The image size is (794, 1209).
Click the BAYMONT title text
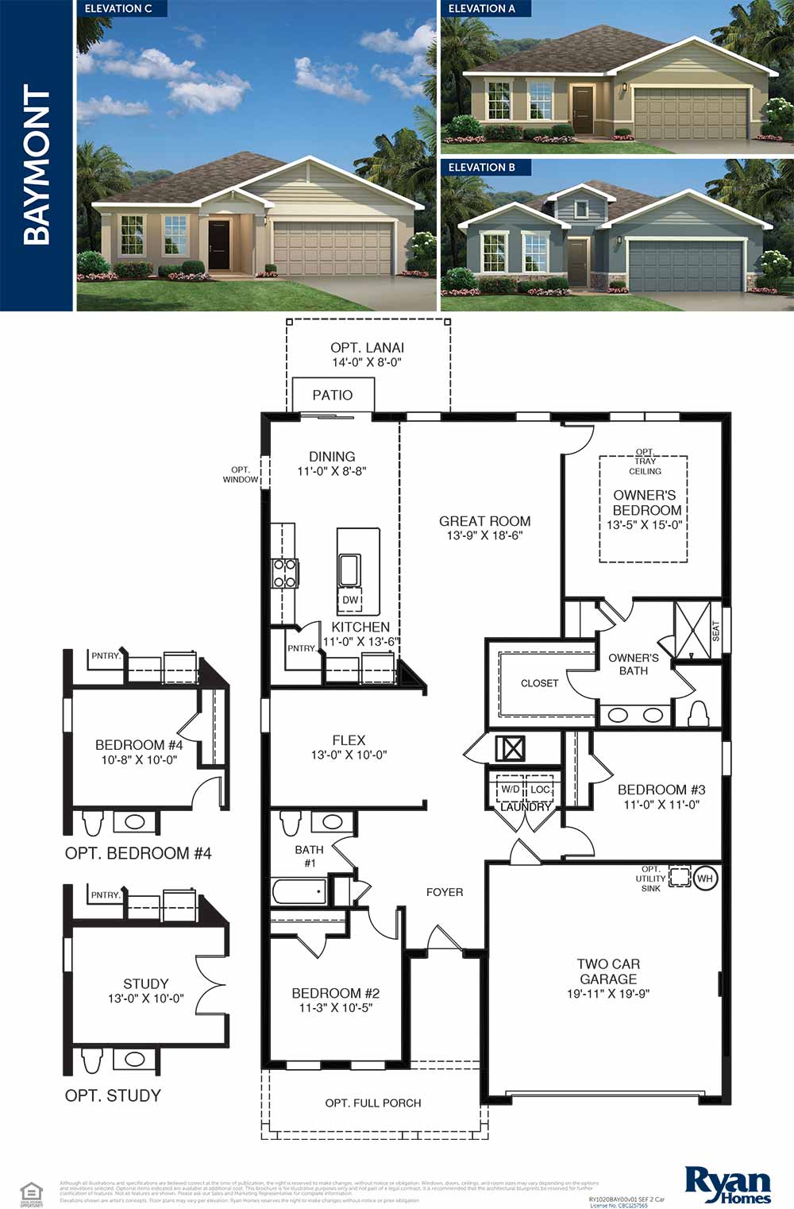pyautogui.click(x=37, y=164)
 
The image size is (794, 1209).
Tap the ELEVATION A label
pyautogui.click(x=481, y=9)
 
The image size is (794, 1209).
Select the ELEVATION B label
pyautogui.click(x=481, y=168)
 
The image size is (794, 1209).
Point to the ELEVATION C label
pyautogui.click(x=118, y=9)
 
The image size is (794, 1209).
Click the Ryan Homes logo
pyautogui.click(x=727, y=1184)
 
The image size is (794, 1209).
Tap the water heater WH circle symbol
pyautogui.click(x=705, y=879)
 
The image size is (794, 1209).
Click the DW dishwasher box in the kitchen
pyautogui.click(x=350, y=601)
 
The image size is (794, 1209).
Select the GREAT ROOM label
pyautogui.click(x=484, y=521)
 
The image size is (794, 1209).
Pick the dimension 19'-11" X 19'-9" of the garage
pyautogui.click(x=608, y=994)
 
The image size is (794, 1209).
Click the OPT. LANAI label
pyautogui.click(x=367, y=348)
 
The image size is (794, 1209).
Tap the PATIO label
pyautogui.click(x=332, y=395)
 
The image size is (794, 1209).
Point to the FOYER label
pyautogui.click(x=444, y=892)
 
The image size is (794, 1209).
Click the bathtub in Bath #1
pyautogui.click(x=299, y=891)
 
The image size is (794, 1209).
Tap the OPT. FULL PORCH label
pyautogui.click(x=373, y=1103)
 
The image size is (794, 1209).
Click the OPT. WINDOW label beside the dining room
pyautogui.click(x=240, y=474)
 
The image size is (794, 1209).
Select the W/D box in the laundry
pyautogui.click(x=510, y=790)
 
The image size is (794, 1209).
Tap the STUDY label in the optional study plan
pyautogui.click(x=145, y=983)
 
